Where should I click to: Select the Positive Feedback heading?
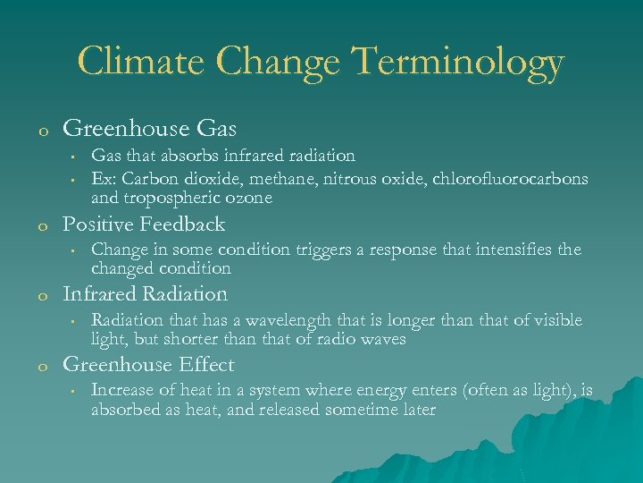144,224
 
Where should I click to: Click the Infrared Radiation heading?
145,293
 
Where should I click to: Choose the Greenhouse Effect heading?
148,364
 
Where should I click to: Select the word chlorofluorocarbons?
511,178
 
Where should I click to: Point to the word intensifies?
509,250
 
